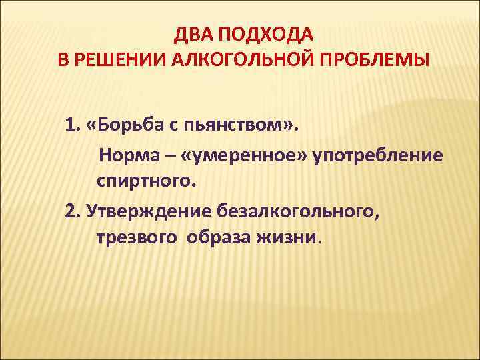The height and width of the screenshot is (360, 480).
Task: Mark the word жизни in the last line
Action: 292,237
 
